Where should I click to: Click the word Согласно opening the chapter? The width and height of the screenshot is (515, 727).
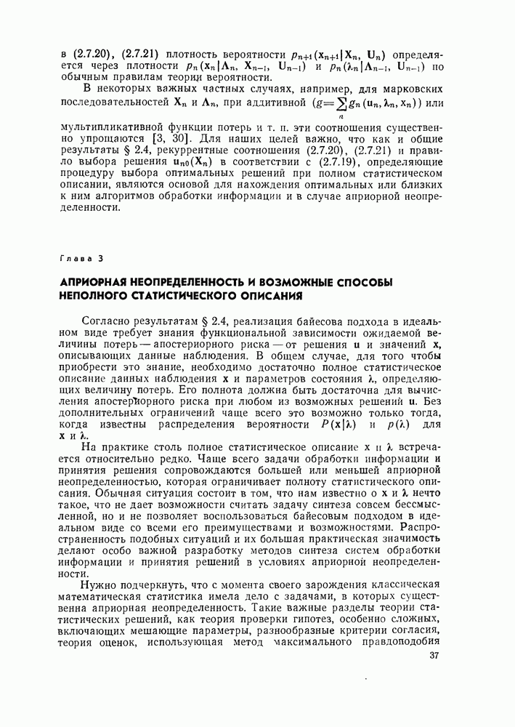[x=107, y=322]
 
